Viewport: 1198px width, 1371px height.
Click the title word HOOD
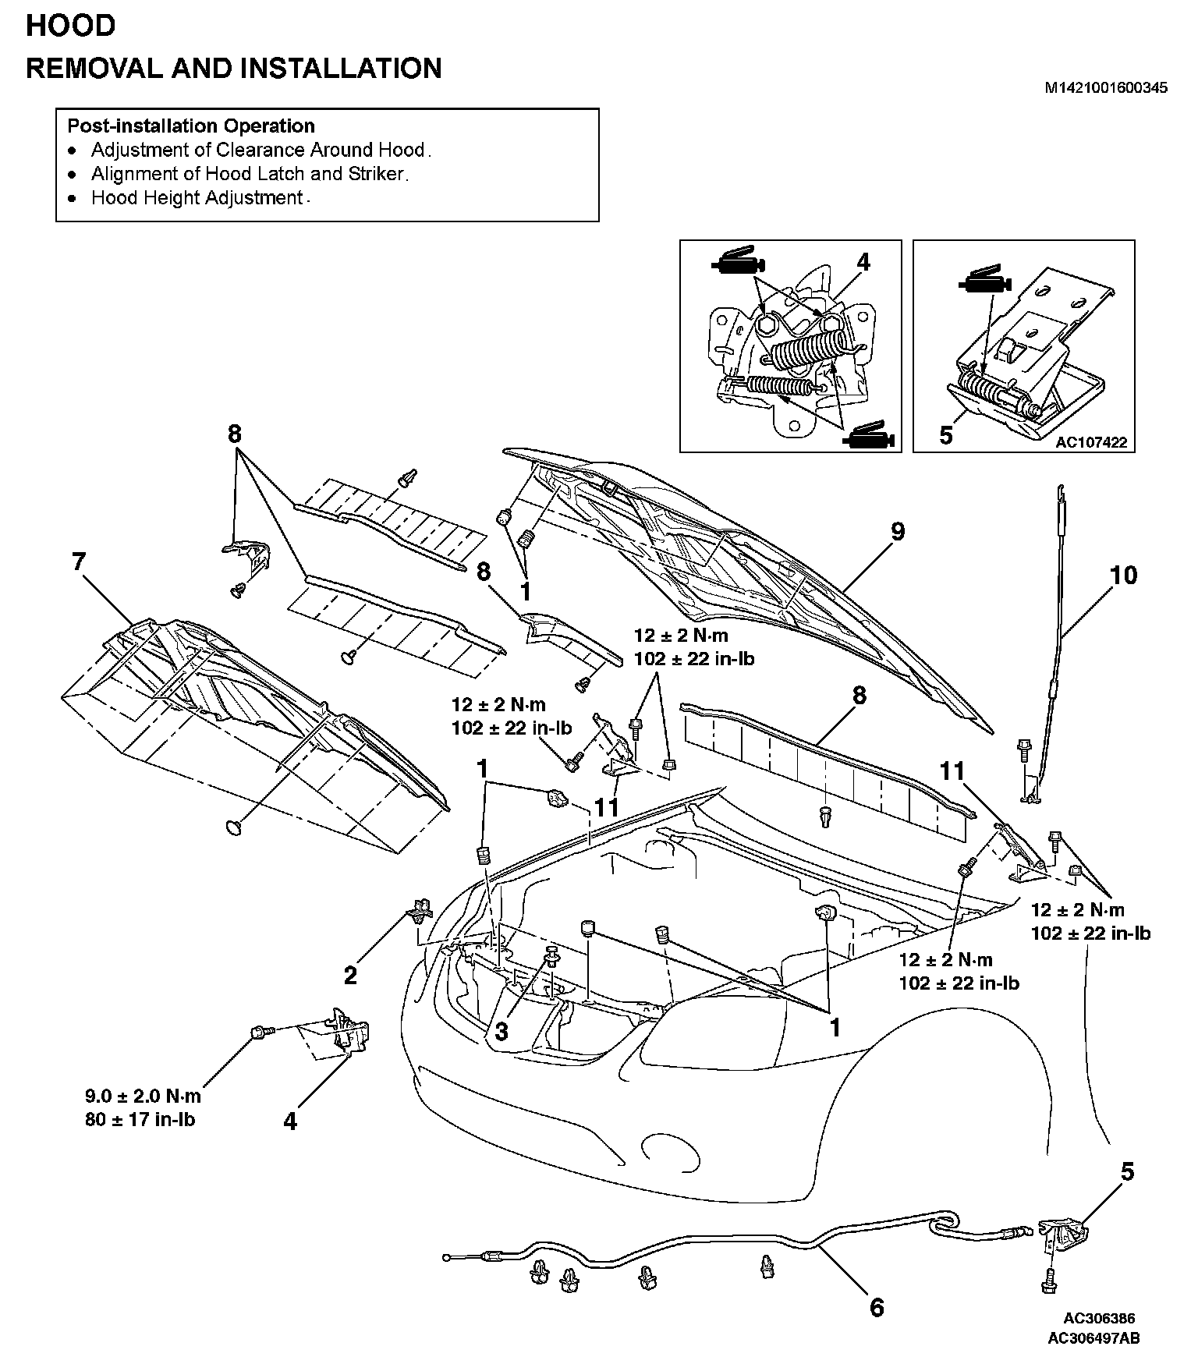click(71, 26)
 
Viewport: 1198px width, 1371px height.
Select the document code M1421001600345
click(1106, 88)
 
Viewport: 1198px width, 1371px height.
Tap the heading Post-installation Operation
click(191, 126)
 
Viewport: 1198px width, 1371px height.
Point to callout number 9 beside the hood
click(898, 532)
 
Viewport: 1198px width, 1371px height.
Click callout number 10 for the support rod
click(1124, 576)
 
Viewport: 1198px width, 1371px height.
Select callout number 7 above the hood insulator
click(79, 562)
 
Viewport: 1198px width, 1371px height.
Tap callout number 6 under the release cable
click(877, 1308)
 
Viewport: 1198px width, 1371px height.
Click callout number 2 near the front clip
click(350, 975)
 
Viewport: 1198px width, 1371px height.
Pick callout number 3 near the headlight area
click(502, 1031)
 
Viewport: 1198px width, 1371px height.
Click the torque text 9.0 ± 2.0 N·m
click(143, 1096)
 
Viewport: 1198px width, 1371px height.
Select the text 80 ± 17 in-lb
click(140, 1120)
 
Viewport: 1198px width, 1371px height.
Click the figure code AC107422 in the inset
click(1091, 442)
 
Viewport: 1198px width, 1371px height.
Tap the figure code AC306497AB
click(1093, 1339)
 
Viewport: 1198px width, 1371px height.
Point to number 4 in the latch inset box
click(863, 262)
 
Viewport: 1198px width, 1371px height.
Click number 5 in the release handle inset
click(946, 434)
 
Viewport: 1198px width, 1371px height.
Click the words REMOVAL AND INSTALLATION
click(234, 69)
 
